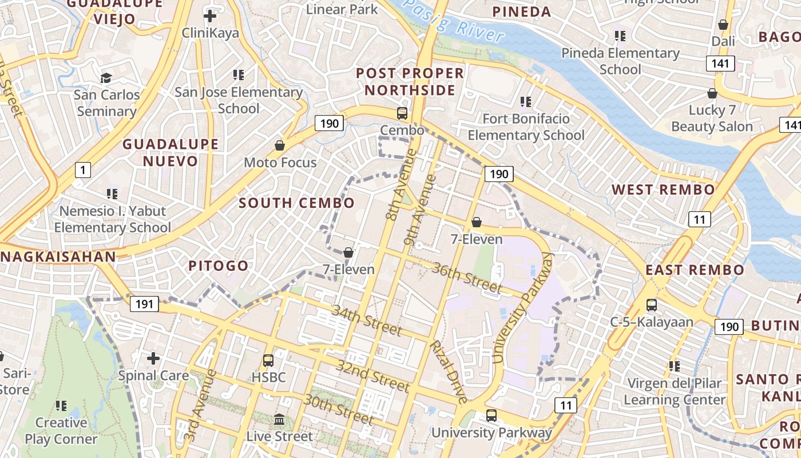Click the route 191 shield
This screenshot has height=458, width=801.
pyautogui.click(x=144, y=304)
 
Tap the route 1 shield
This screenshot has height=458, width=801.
pyautogui.click(x=83, y=169)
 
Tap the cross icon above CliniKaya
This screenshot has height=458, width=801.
pyautogui.click(x=210, y=16)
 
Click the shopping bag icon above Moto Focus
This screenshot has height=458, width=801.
pyautogui.click(x=280, y=145)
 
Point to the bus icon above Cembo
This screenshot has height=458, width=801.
pyautogui.click(x=402, y=113)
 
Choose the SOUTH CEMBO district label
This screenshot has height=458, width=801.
pyautogui.click(x=296, y=203)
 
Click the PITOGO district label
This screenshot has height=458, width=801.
pyautogui.click(x=219, y=266)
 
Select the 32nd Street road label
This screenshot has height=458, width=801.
pyautogui.click(x=373, y=376)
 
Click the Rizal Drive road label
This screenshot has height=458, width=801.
pyautogui.click(x=449, y=372)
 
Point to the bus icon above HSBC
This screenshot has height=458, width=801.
pyautogui.click(x=268, y=361)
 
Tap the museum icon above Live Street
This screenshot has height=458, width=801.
pyautogui.click(x=279, y=420)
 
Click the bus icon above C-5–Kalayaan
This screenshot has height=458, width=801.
pyautogui.click(x=651, y=305)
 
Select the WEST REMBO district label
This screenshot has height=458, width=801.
pyautogui.click(x=663, y=189)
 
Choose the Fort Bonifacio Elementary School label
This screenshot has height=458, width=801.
pyautogui.click(x=526, y=127)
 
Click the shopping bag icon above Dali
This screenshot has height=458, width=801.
pyautogui.click(x=723, y=25)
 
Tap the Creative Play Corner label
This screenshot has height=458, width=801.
pyautogui.click(x=61, y=431)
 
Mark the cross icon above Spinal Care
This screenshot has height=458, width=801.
pyautogui.click(x=153, y=358)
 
